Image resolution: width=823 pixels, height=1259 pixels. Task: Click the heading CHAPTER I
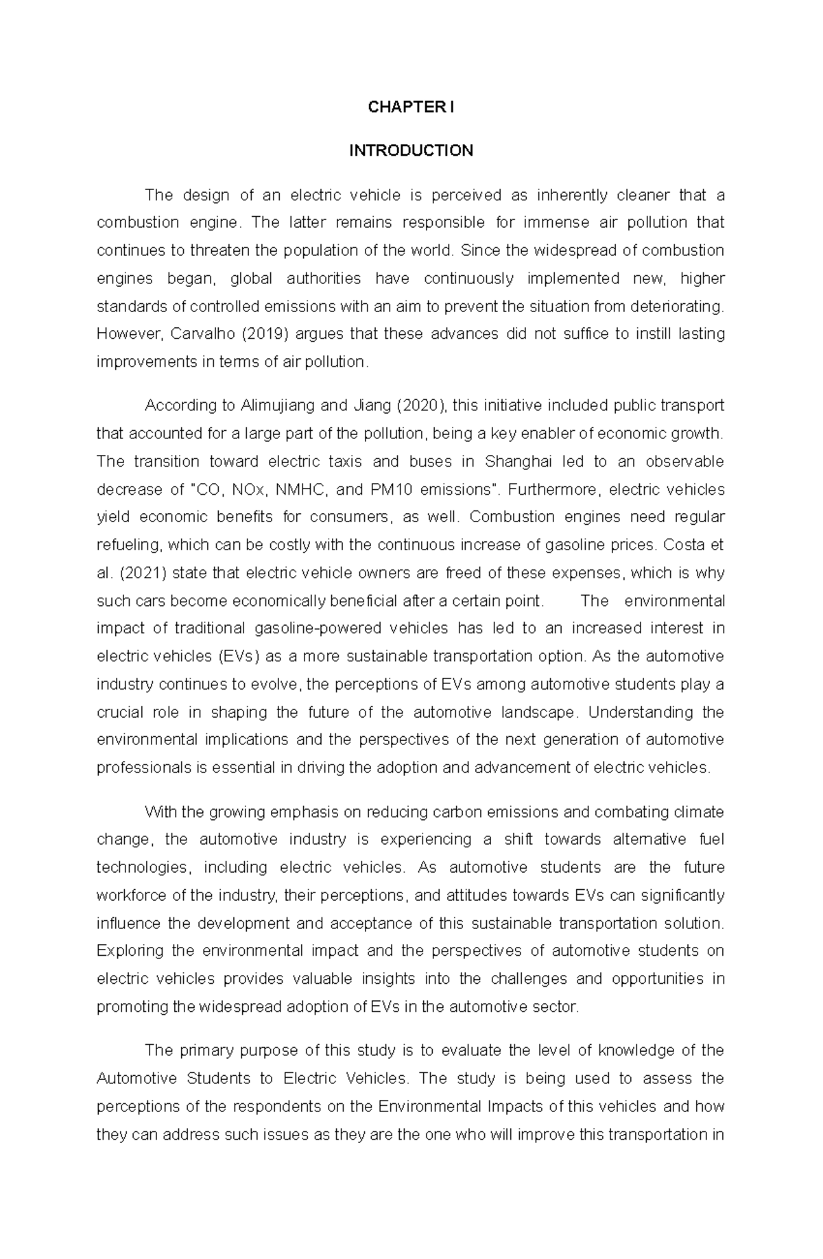(411, 107)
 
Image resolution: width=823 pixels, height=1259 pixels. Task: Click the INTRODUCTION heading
(411, 151)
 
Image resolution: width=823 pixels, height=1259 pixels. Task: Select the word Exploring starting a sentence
(130, 951)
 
